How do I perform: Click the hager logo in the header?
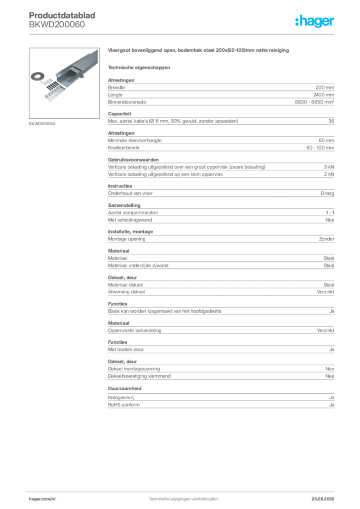pyautogui.click(x=314, y=21)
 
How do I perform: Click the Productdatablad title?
pyautogui.click(x=62, y=15)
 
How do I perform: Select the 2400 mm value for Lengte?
pyautogui.click(x=324, y=95)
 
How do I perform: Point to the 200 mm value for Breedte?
pyautogui.click(x=325, y=87)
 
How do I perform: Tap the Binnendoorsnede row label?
pyautogui.click(x=127, y=102)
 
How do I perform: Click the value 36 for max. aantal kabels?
pyautogui.click(x=331, y=121)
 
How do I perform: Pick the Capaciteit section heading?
pyautogui.click(x=120, y=114)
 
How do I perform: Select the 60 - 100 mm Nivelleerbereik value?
pyautogui.click(x=320, y=147)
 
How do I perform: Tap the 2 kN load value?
pyautogui.click(x=329, y=174)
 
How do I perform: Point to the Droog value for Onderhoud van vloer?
pyautogui.click(x=327, y=193)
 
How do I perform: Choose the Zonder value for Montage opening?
pyautogui.click(x=327, y=239)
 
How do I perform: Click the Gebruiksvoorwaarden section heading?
pyautogui.click(x=133, y=160)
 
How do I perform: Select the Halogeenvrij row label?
pyautogui.click(x=121, y=397)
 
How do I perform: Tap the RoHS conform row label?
pyautogui.click(x=124, y=405)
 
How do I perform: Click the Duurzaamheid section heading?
pyautogui.click(x=125, y=388)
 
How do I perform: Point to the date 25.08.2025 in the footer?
pyautogui.click(x=323, y=499)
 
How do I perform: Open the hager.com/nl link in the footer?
pyautogui.click(x=42, y=499)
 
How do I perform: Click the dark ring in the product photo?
pyautogui.click(x=37, y=77)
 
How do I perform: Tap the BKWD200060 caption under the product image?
pyautogui.click(x=42, y=124)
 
